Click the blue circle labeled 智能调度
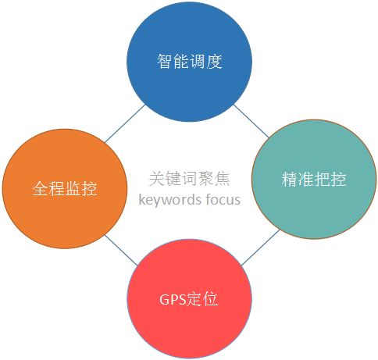189,62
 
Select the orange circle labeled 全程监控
65,189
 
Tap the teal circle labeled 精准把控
314,179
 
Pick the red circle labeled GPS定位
189,299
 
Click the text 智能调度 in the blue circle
189,62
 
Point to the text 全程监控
65,188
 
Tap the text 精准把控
314,179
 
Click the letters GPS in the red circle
173,299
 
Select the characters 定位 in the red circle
202,299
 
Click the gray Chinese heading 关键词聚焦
189,179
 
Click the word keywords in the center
170,200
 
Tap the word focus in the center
223,199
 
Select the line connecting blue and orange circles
124,123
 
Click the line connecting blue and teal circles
251,121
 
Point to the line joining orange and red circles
121,251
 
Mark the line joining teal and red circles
261,248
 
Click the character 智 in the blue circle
165,62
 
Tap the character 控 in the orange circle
89,188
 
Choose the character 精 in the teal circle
290,179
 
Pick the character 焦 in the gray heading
222,179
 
